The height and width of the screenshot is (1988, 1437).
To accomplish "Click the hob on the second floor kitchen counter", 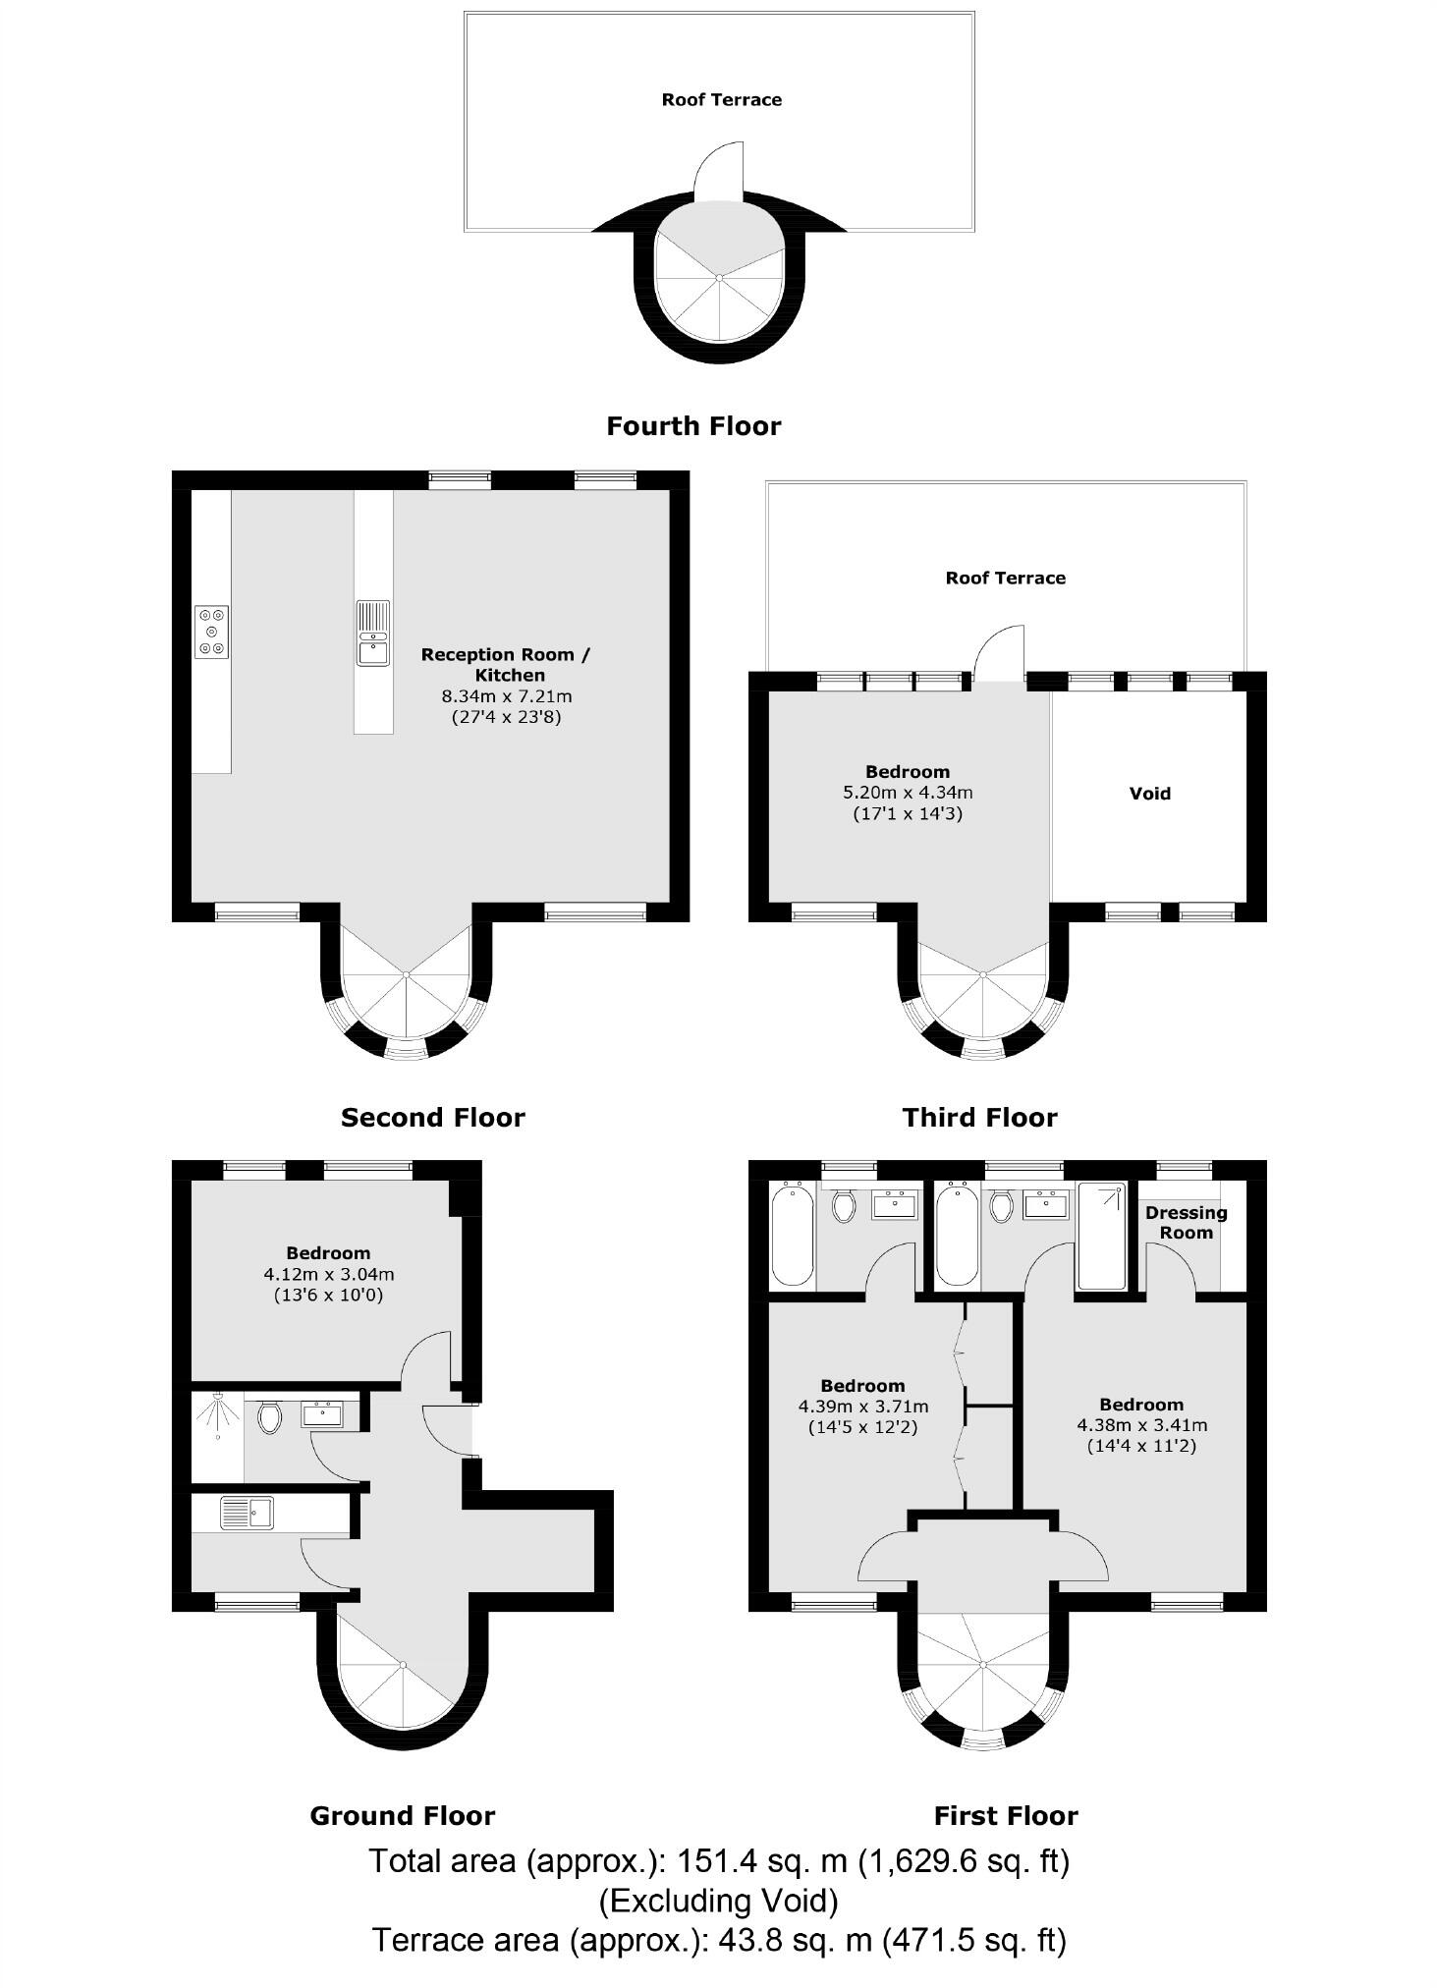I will point(211,632).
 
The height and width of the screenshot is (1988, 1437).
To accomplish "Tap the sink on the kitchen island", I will point(372,633).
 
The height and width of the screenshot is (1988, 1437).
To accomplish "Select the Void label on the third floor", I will point(1149,793).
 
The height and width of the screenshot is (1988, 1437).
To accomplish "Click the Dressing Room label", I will point(1186,1222).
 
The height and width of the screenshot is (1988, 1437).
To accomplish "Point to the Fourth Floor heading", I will point(693,426).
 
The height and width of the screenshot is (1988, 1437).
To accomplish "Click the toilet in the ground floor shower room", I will point(269,1416).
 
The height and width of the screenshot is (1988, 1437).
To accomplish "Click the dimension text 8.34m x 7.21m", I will point(507,695).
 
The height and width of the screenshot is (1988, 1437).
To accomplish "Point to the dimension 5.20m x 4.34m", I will point(908,792).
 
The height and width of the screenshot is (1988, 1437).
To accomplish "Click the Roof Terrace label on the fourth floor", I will point(721,99).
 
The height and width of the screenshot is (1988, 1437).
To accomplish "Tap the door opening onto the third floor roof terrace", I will point(1000,653).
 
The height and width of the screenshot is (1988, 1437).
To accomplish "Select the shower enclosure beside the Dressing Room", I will point(1102,1236).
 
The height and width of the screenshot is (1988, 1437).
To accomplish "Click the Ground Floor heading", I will point(402,1816).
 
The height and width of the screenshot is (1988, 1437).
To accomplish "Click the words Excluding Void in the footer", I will point(719,1901).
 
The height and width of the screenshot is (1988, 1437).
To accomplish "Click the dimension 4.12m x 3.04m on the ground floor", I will point(328,1274).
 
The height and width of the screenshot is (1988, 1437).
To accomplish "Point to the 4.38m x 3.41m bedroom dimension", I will point(1141,1424).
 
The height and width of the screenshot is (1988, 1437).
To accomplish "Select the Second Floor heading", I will point(432,1118).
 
